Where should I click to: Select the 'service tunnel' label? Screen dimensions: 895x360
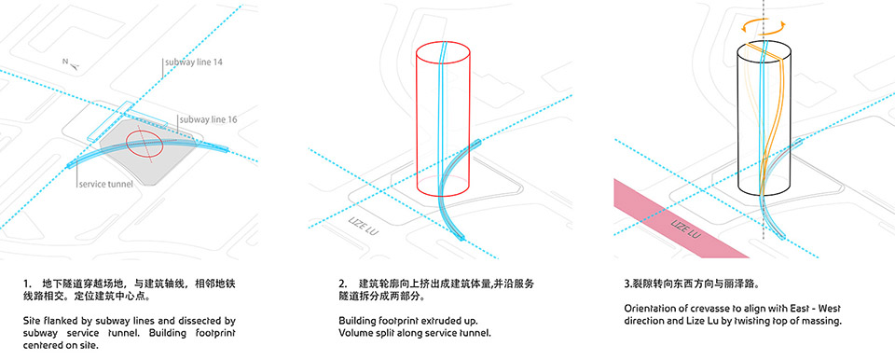pyautogui.click(x=106, y=185)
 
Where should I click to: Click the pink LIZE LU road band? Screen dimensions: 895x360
pyautogui.click(x=681, y=219)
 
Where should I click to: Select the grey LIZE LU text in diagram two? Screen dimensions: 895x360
pyautogui.click(x=363, y=226)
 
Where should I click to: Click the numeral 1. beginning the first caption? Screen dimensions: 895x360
pyautogui.click(x=27, y=284)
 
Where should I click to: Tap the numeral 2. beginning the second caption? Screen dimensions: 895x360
pyautogui.click(x=342, y=284)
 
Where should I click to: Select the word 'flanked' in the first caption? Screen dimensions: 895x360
pyautogui.click(x=62, y=321)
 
